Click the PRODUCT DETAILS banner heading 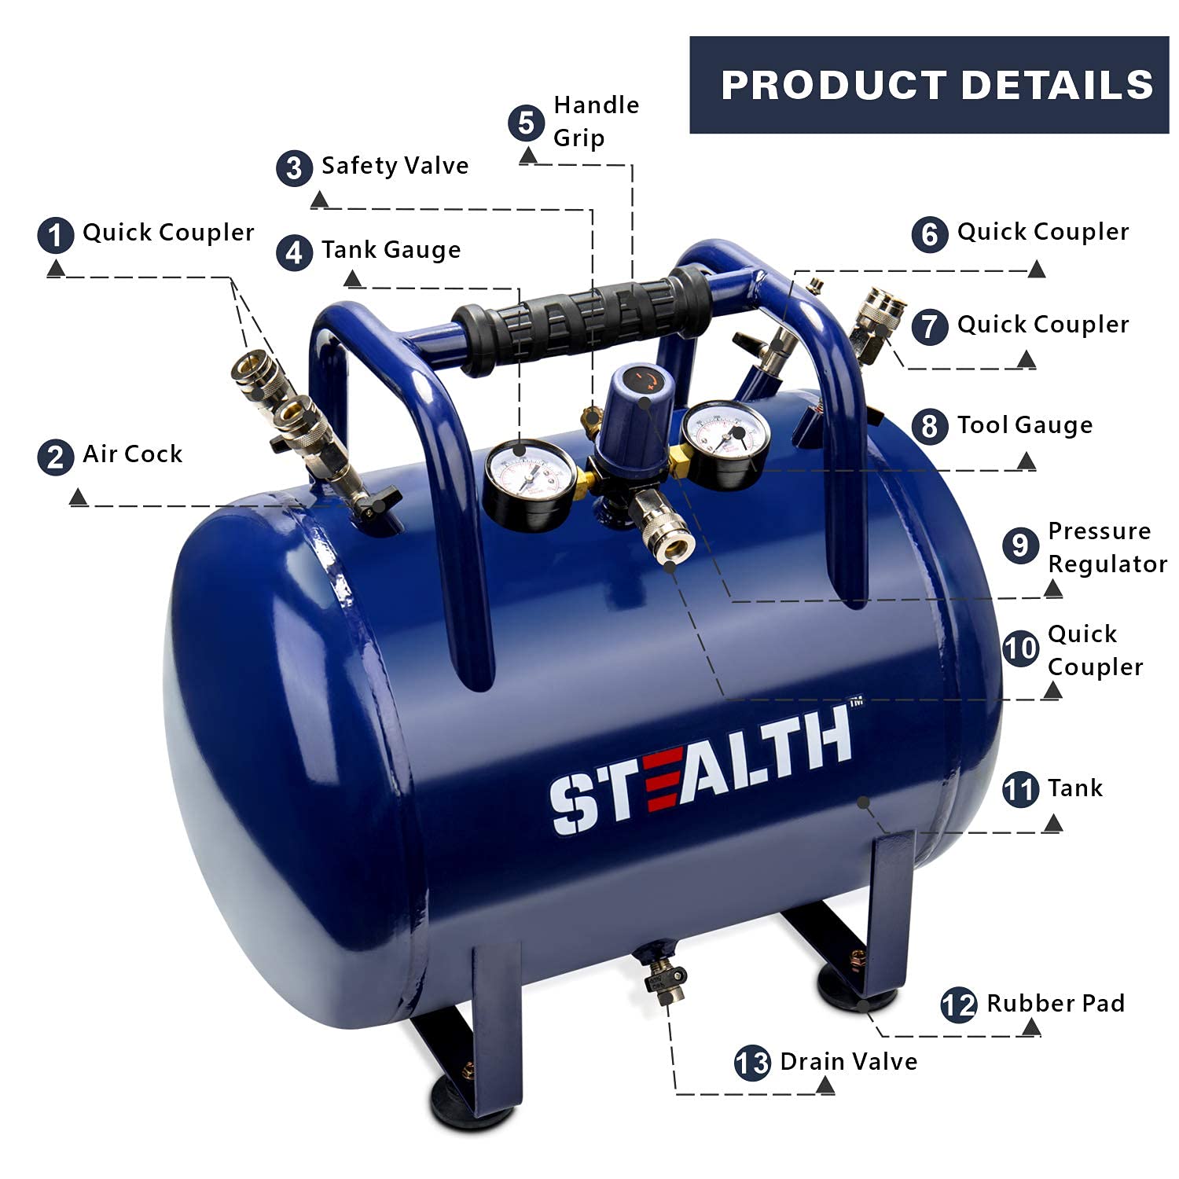936,85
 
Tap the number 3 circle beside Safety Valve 294,167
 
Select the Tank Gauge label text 391,250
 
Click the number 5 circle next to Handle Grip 526,123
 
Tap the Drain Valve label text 848,1062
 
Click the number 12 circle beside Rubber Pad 958,1005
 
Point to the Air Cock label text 132,454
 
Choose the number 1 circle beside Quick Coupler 56,235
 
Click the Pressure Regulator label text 1107,547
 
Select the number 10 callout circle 1020,649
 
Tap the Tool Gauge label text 1024,425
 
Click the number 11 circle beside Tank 1020,789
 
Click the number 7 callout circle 930,326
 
